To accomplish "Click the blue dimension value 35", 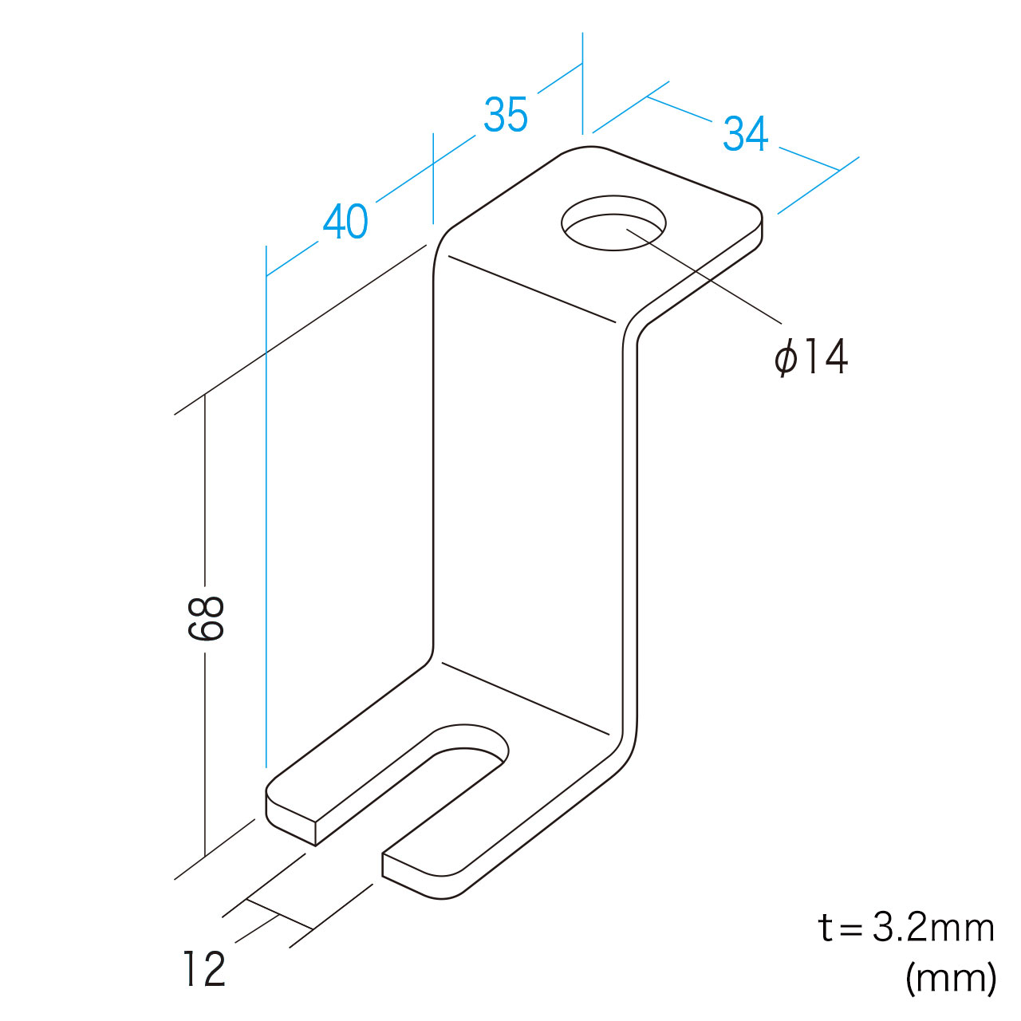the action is pyautogui.click(x=506, y=114).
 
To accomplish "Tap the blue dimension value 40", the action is pyautogui.click(x=345, y=221).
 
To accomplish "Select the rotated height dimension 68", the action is pyautogui.click(x=206, y=618).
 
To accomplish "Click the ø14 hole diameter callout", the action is pyautogui.click(x=811, y=357).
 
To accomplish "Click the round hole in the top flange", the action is pyautogui.click(x=613, y=223).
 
